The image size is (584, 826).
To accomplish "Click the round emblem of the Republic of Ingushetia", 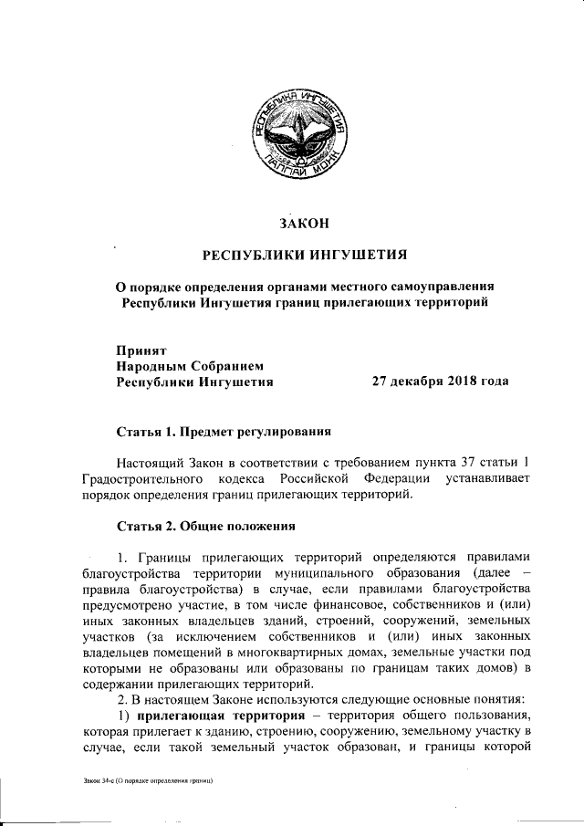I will (x=298, y=138).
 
